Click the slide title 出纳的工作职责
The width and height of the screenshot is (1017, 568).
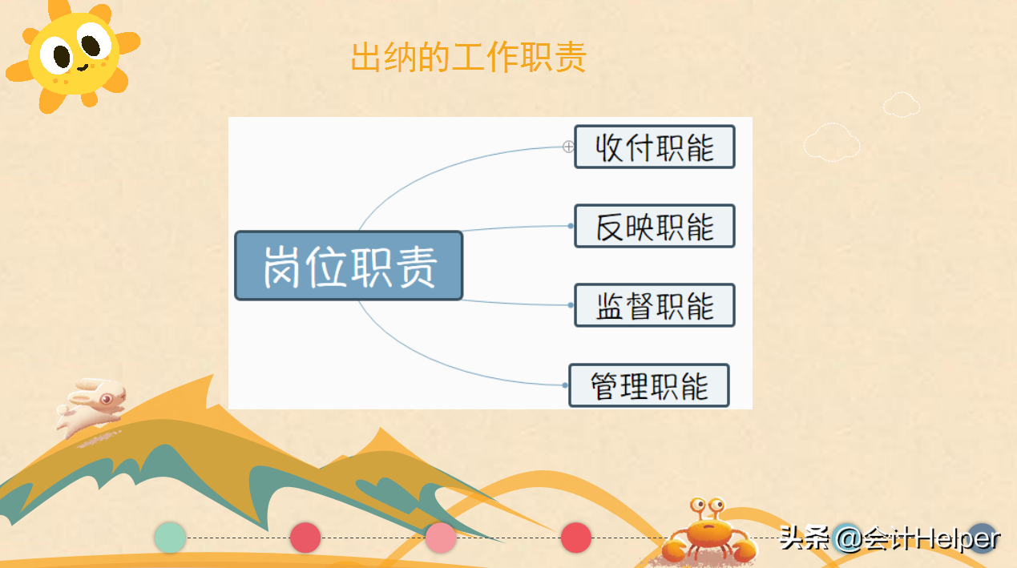[x=469, y=58]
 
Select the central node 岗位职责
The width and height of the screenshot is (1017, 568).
[x=349, y=266]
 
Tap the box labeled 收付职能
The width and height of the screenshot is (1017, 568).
[x=655, y=147]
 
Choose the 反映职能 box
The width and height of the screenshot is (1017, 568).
[x=655, y=226]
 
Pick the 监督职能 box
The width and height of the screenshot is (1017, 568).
[x=655, y=305]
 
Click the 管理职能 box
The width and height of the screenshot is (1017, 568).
[x=649, y=385]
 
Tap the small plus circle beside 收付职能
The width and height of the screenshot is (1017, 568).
[x=568, y=147]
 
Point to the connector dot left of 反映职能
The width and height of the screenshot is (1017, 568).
[x=571, y=226]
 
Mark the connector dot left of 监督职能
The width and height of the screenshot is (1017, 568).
[x=571, y=305]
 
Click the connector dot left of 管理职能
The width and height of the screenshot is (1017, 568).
[x=565, y=385]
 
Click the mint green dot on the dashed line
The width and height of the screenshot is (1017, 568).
[x=170, y=537]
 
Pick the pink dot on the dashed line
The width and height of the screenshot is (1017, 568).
[x=441, y=537]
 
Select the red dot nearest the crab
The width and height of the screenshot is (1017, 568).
[x=576, y=537]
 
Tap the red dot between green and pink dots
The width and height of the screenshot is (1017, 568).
[x=305, y=537]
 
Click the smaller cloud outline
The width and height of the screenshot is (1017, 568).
[x=902, y=104]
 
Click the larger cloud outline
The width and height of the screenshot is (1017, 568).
[x=832, y=143]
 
